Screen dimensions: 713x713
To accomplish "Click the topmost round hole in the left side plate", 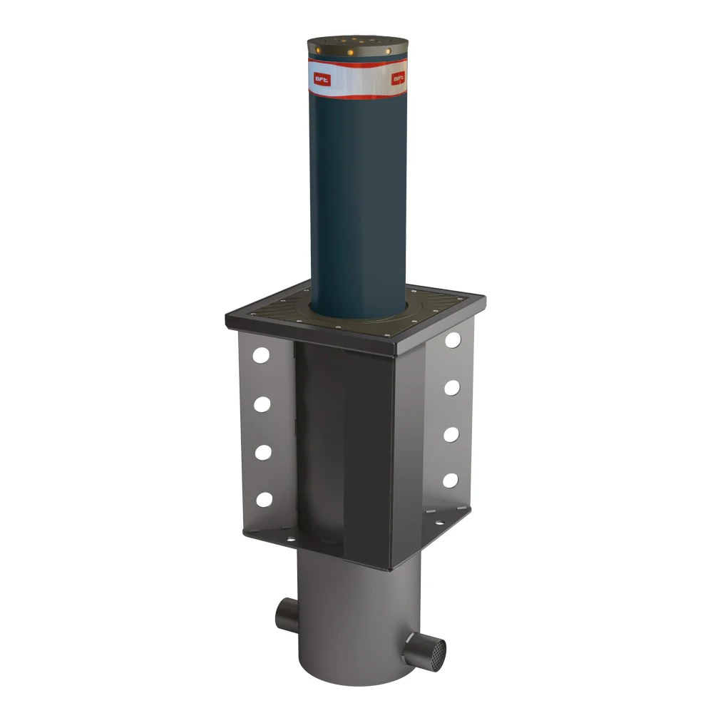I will [x=262, y=354].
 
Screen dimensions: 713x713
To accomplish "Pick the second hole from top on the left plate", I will [x=262, y=404].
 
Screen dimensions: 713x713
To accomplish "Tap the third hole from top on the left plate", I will [x=263, y=452].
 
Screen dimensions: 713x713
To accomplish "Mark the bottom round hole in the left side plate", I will [x=264, y=499].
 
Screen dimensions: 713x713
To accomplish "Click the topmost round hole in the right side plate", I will [x=453, y=340].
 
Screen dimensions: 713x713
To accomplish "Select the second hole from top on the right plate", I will [x=451, y=388].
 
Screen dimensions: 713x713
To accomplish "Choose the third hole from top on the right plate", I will [x=451, y=434].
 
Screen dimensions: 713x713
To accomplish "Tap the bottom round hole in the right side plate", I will [x=450, y=480].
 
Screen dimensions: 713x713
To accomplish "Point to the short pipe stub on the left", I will [x=286, y=613].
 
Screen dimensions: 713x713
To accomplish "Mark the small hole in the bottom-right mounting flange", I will [x=435, y=523].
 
